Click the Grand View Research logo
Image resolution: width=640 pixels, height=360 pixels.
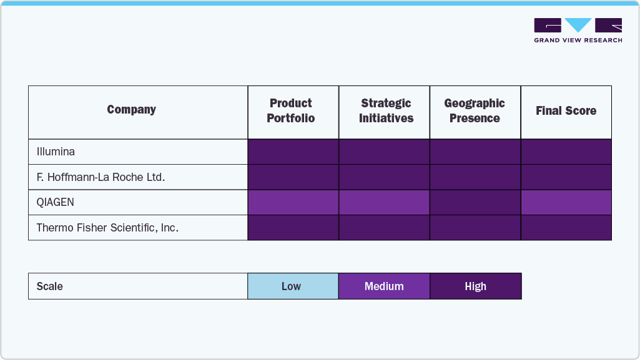578,30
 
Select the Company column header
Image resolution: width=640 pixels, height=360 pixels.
131,110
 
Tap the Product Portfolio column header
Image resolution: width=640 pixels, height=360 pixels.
291,111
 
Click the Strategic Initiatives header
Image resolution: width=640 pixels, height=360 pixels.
386,111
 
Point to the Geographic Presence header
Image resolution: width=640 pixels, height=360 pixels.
475,111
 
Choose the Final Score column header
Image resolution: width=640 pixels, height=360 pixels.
566,111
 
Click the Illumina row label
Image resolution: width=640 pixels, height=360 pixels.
56,152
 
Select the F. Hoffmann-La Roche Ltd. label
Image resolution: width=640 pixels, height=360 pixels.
101,177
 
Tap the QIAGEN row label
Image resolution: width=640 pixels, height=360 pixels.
56,203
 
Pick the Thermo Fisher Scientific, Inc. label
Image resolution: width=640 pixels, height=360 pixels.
107,228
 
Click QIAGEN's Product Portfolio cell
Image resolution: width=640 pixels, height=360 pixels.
293,203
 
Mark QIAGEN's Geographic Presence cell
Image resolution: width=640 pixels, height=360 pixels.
475,203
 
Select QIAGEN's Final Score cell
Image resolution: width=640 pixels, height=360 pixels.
566,203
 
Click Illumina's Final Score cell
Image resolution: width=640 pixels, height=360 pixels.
566,152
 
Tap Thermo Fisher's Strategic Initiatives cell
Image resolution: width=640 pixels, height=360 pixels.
384,228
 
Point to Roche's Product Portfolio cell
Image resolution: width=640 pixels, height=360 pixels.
293,177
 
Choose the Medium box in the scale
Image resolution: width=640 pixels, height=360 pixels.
384,286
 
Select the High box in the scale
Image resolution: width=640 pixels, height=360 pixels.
475,286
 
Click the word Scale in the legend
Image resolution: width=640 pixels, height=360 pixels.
50,286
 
